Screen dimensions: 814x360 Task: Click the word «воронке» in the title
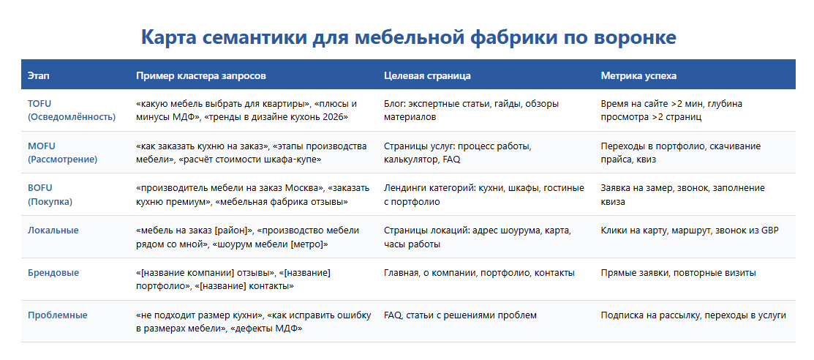[634, 38]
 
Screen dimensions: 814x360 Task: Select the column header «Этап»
[39, 76]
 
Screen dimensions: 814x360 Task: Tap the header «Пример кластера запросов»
[201, 76]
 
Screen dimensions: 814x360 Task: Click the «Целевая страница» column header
[427, 76]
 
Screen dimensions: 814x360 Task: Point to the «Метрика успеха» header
[638, 76]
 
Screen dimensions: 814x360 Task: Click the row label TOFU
[40, 103]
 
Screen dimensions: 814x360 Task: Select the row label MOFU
[42, 146]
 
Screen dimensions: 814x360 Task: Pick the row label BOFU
[40, 188]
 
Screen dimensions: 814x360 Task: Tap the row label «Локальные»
[53, 230]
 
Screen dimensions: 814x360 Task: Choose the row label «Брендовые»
[53, 273]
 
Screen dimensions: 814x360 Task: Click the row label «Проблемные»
[58, 315]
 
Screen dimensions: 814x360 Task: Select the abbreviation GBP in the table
[769, 230]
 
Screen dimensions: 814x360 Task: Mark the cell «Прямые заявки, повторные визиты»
[679, 273]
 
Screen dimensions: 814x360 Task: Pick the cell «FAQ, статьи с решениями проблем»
[461, 315]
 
